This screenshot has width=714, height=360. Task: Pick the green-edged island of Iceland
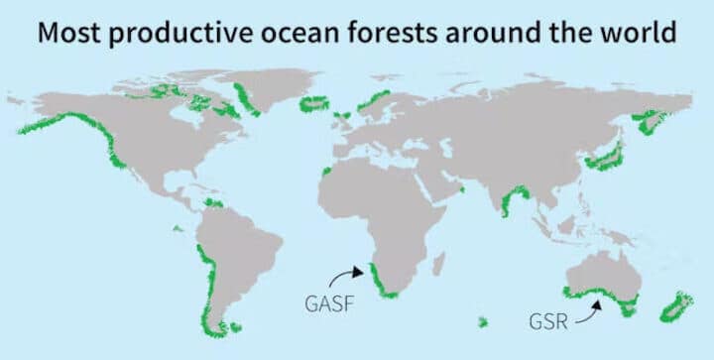point(313,103)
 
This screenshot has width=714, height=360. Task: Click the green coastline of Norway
point(375,99)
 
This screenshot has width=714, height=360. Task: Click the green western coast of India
point(508,203)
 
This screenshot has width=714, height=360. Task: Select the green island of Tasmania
point(626,310)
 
